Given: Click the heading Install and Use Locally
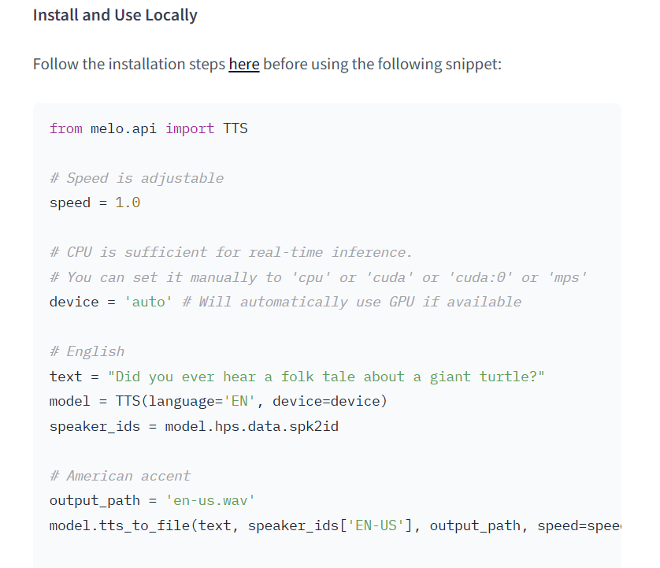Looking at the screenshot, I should click(x=115, y=15).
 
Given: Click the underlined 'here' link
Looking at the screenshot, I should click(x=244, y=64).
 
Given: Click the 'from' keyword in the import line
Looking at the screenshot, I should click(x=65, y=128).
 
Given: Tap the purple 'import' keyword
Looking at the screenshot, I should click(x=190, y=128).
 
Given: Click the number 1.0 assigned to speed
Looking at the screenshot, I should click(x=128, y=202).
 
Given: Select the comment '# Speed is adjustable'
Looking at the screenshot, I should click(x=136, y=178).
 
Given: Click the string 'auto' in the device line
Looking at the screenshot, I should click(x=148, y=302).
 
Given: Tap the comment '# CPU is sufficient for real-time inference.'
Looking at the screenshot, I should click(x=231, y=252).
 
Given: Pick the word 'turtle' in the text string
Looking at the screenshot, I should click(x=509, y=377).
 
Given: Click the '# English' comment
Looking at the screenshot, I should click(x=87, y=351).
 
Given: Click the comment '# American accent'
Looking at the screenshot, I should click(x=120, y=476).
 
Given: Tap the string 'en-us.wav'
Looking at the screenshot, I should click(x=210, y=500).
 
